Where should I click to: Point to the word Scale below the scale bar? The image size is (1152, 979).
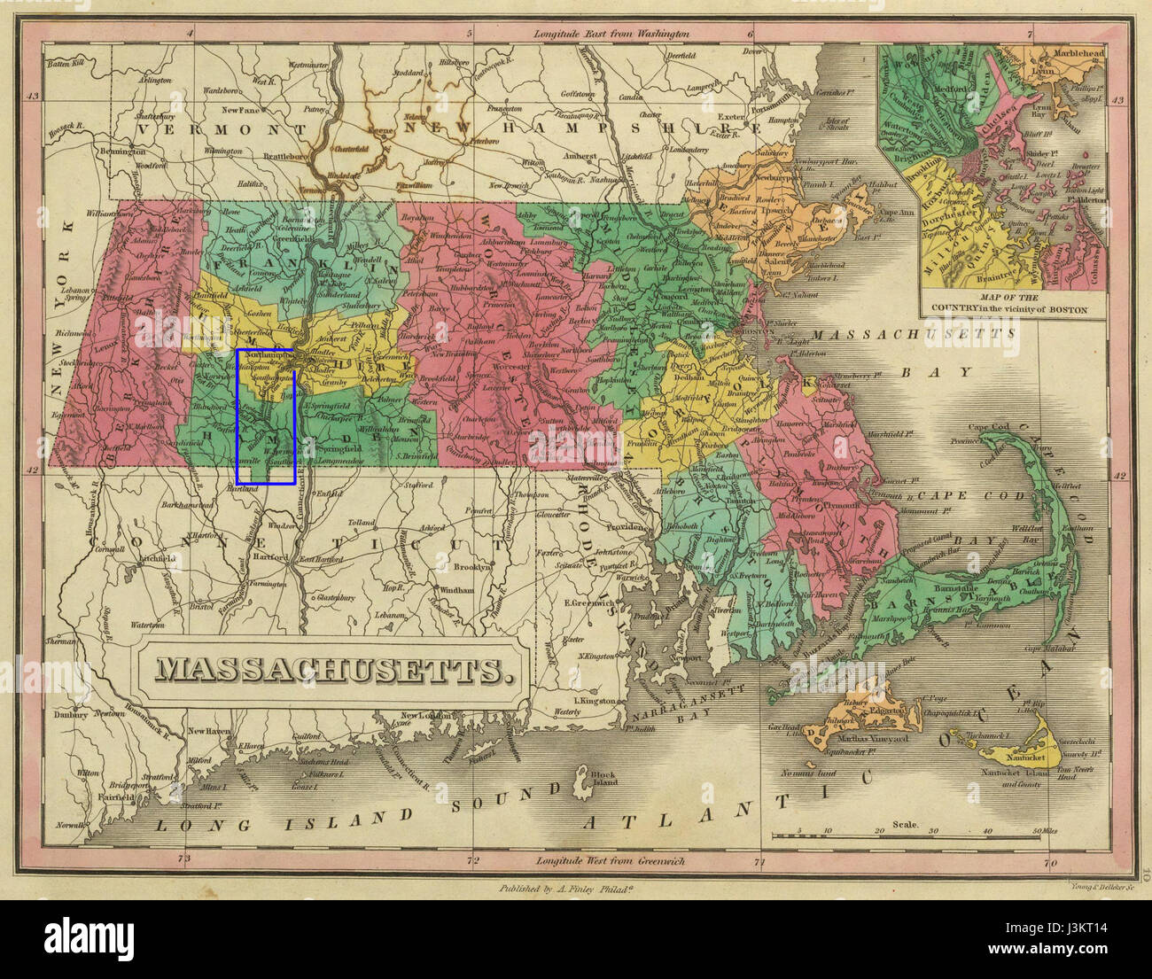pyautogui.click(x=905, y=825)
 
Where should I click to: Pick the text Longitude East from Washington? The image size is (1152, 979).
pyautogui.click(x=611, y=34)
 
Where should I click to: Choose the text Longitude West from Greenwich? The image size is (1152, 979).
pyautogui.click(x=611, y=860)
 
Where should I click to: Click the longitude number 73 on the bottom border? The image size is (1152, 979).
pyautogui.click(x=183, y=859)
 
